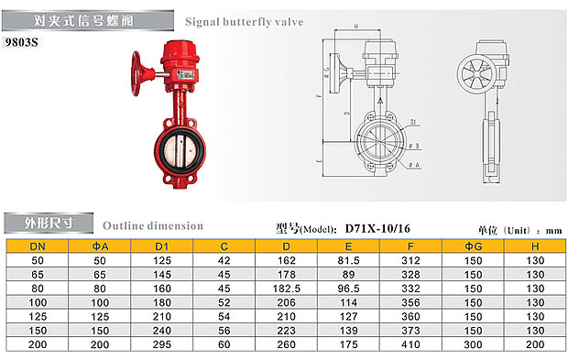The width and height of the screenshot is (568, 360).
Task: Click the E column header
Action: pos(348,246)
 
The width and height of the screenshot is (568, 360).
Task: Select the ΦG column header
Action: pos(473,246)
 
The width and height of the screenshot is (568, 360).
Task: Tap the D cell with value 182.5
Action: pos(286,289)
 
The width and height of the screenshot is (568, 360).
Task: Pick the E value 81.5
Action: pos(348,261)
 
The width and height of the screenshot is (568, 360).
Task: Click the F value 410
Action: pos(410,344)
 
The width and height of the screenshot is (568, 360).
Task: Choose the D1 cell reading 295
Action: pos(162,344)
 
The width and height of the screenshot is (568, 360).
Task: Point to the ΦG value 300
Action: pos(473,344)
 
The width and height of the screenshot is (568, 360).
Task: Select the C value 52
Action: pos(224,303)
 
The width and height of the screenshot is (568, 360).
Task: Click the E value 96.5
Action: pos(348,289)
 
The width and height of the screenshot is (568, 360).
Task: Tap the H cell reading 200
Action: pos(535,344)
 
